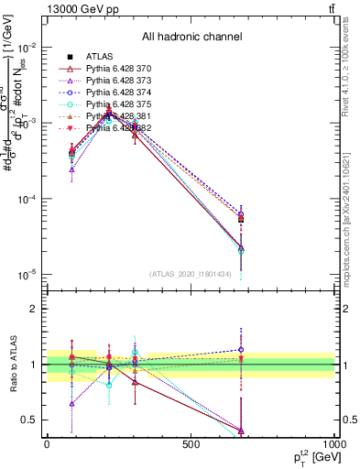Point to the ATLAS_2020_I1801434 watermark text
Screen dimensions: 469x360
191,274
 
